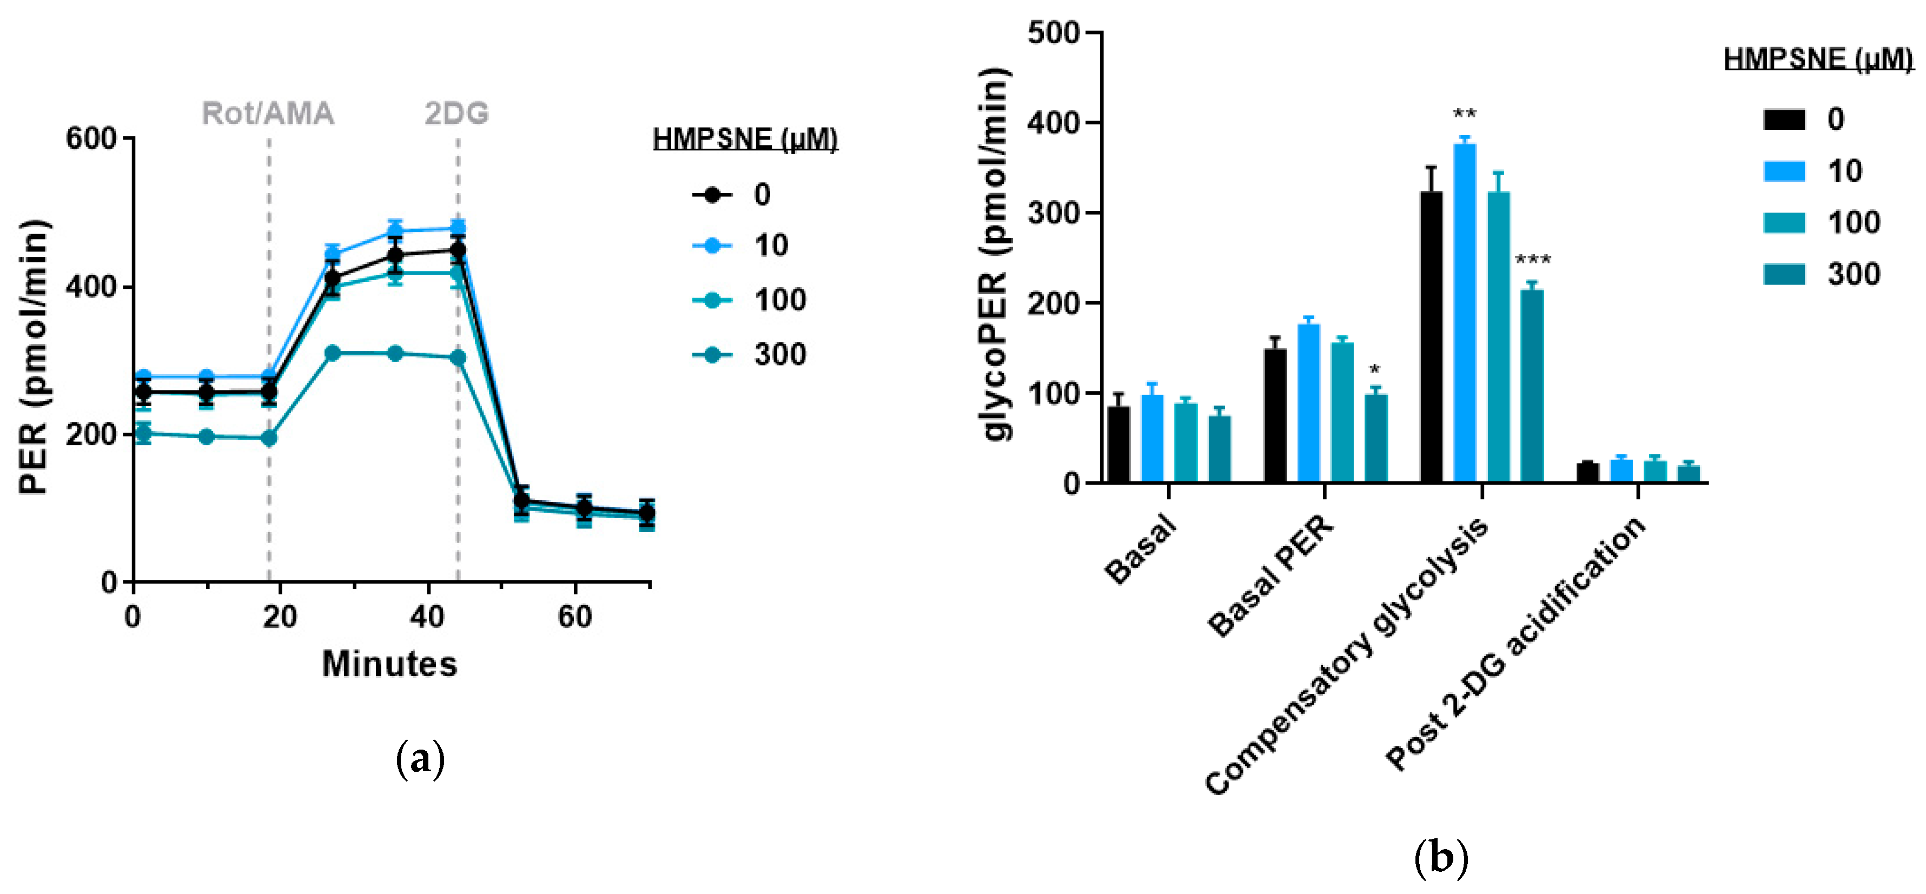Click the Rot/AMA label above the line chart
click(268, 114)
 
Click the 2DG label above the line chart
click(457, 114)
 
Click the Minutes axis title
click(389, 664)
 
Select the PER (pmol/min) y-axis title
click(33, 357)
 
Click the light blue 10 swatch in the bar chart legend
click(1784, 171)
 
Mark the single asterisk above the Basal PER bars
click(1374, 370)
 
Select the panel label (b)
click(1441, 859)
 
